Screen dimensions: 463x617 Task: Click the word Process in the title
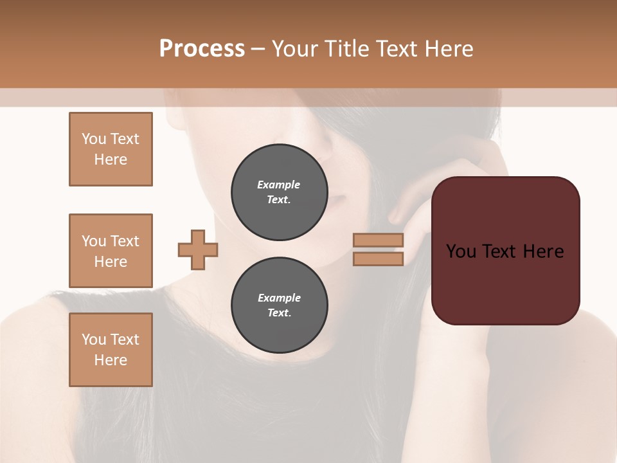click(x=202, y=49)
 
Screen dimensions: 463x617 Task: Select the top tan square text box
click(x=111, y=149)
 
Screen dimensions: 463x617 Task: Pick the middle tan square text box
click(x=111, y=251)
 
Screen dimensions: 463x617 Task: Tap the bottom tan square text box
click(x=111, y=350)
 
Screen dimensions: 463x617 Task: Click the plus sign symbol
click(x=198, y=250)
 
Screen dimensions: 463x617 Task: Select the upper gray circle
click(x=279, y=192)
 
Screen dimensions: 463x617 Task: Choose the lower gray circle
click(x=279, y=305)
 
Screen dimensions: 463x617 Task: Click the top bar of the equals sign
click(x=378, y=240)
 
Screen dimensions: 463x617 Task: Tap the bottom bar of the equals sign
click(x=378, y=259)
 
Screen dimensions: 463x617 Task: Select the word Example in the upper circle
click(x=279, y=185)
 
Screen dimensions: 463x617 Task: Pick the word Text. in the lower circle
click(x=279, y=313)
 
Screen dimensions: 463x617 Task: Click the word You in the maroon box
click(x=461, y=251)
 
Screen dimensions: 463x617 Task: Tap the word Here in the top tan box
click(x=111, y=159)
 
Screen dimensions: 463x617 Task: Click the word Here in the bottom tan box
click(x=111, y=360)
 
